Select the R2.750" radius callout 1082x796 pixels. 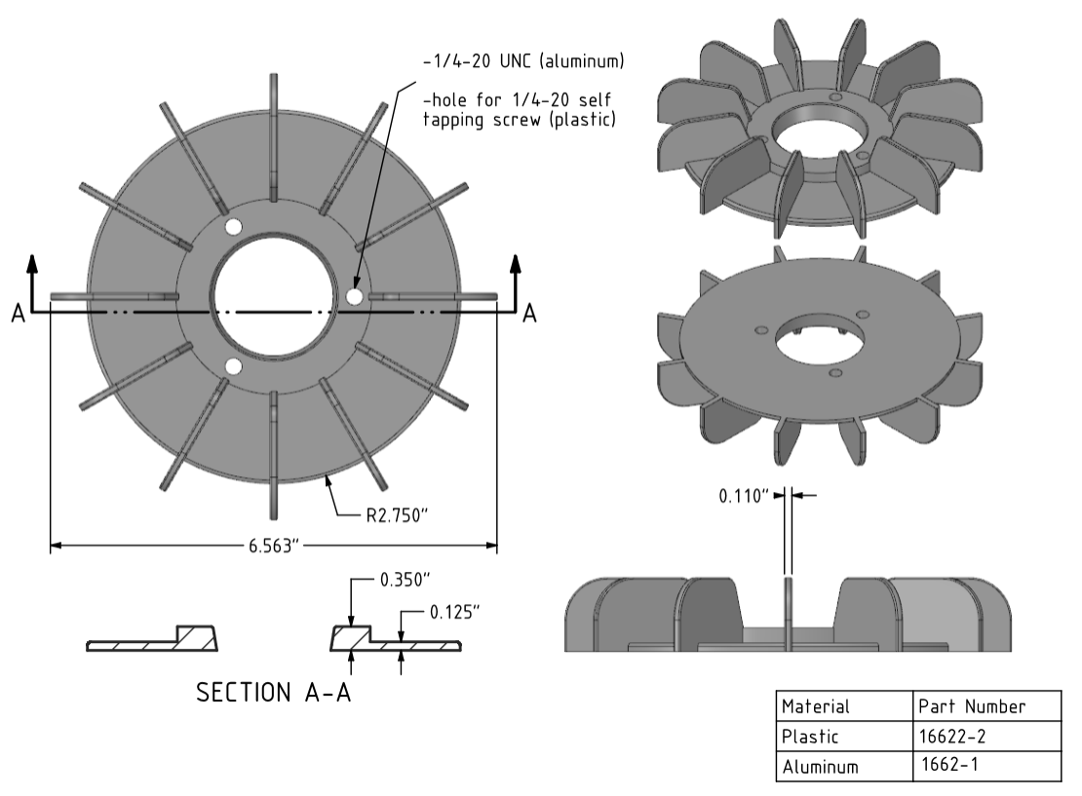pos(398,514)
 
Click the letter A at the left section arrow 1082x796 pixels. pos(19,315)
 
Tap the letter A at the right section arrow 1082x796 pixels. pos(529,313)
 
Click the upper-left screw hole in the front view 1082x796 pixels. pos(233,227)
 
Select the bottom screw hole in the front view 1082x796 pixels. pos(233,365)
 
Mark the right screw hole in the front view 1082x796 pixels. pos(354,295)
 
